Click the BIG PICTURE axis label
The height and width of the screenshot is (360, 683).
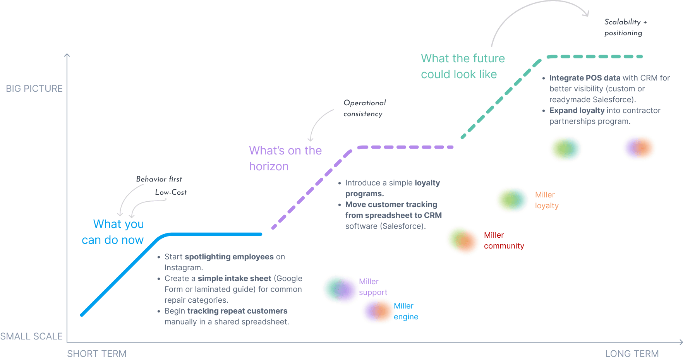34,89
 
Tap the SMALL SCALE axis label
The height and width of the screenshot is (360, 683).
31,336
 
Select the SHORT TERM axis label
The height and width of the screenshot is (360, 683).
97,353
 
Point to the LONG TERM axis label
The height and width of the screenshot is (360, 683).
632,353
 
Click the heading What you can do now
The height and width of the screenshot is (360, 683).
113,232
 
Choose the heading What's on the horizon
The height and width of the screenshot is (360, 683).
285,158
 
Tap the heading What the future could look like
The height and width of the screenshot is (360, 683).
463,66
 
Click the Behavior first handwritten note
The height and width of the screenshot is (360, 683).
159,179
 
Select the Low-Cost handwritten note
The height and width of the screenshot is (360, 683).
171,192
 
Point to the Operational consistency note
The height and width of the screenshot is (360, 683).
364,108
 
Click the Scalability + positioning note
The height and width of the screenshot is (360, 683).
625,27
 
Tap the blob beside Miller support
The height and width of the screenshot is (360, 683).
340,290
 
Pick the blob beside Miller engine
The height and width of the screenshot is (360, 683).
378,311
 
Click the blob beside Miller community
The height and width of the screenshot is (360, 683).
463,240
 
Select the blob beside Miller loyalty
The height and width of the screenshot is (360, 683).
512,200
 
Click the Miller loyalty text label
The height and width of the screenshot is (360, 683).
546,200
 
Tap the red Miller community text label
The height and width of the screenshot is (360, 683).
504,240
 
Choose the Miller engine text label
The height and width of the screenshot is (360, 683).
405,311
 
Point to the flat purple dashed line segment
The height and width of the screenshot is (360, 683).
405,147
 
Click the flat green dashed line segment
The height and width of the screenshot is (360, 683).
595,57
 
